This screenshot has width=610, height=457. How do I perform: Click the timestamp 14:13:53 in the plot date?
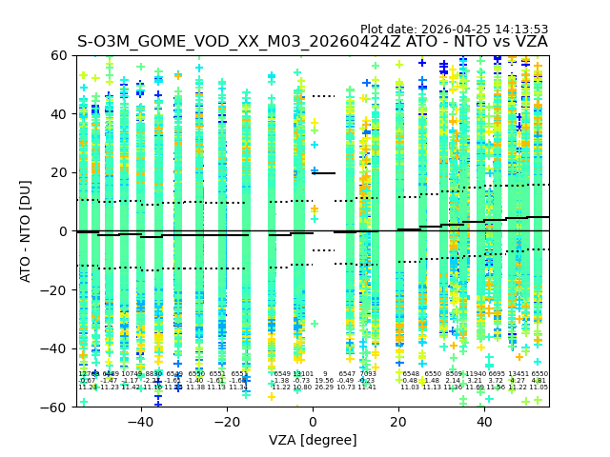click(515, 30)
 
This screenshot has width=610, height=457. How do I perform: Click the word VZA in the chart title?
click(530, 42)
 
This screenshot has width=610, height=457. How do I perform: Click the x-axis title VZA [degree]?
click(313, 440)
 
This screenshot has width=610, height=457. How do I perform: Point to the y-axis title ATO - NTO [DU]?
click(26, 230)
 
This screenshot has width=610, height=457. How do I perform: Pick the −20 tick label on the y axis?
click(55, 289)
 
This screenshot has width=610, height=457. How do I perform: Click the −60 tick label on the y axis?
click(55, 407)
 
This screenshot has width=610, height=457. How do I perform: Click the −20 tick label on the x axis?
click(225, 422)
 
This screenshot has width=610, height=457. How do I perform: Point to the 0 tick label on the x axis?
click(313, 422)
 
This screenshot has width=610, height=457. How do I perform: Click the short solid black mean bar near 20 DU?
click(324, 173)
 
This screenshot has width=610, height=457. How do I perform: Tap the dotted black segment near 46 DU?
click(324, 96)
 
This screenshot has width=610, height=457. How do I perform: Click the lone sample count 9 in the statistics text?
click(324, 374)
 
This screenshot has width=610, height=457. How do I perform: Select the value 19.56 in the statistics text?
click(324, 381)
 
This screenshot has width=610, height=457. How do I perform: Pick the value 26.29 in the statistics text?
click(324, 387)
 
